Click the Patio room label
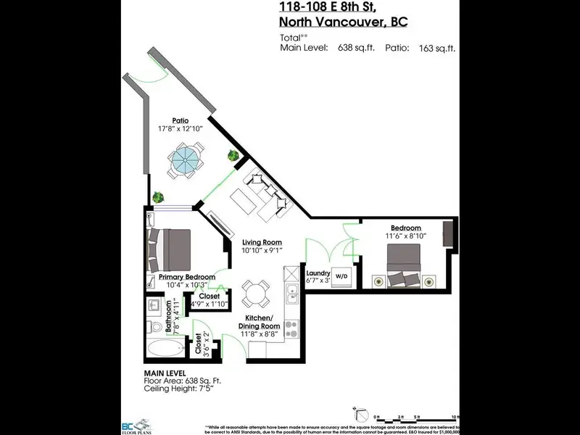point(181,120)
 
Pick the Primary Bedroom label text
point(187,277)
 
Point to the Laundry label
point(318,273)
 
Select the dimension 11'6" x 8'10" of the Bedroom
point(405,236)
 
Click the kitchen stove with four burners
point(291,328)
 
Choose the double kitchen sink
point(291,294)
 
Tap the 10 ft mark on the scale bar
point(455,416)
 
